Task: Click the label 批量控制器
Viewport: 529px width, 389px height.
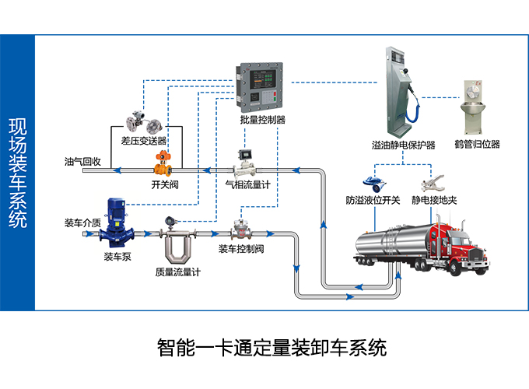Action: pos(263,121)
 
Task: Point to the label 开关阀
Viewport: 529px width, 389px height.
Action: pos(165,185)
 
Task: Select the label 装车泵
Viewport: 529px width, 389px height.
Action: pos(117,256)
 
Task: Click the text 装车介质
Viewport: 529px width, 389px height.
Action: pos(82,223)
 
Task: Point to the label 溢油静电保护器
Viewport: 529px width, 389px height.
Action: pos(403,145)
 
